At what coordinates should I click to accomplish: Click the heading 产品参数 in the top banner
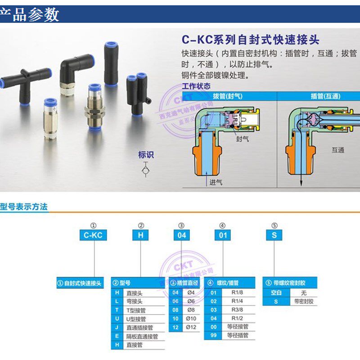point(31,14)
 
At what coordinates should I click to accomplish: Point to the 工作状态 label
point(196,86)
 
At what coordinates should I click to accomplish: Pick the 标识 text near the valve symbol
point(146,155)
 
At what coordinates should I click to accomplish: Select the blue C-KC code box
point(93,235)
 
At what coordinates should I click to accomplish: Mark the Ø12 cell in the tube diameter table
point(191,327)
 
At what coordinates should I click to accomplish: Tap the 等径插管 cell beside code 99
point(238,335)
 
